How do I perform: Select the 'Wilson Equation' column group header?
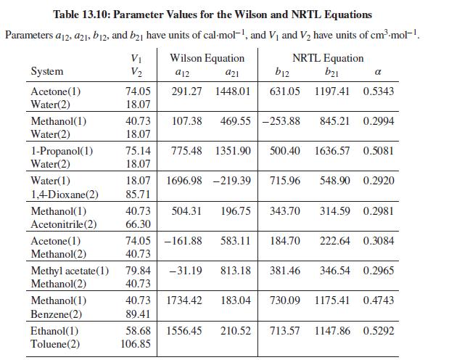click(x=207, y=58)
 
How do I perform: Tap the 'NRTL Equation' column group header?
click(x=328, y=58)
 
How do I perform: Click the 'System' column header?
click(x=47, y=71)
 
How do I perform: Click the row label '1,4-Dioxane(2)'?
click(x=65, y=195)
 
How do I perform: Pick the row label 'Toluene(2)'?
click(x=55, y=343)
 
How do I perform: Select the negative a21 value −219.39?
click(x=232, y=181)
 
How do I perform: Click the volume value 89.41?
click(x=138, y=314)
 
